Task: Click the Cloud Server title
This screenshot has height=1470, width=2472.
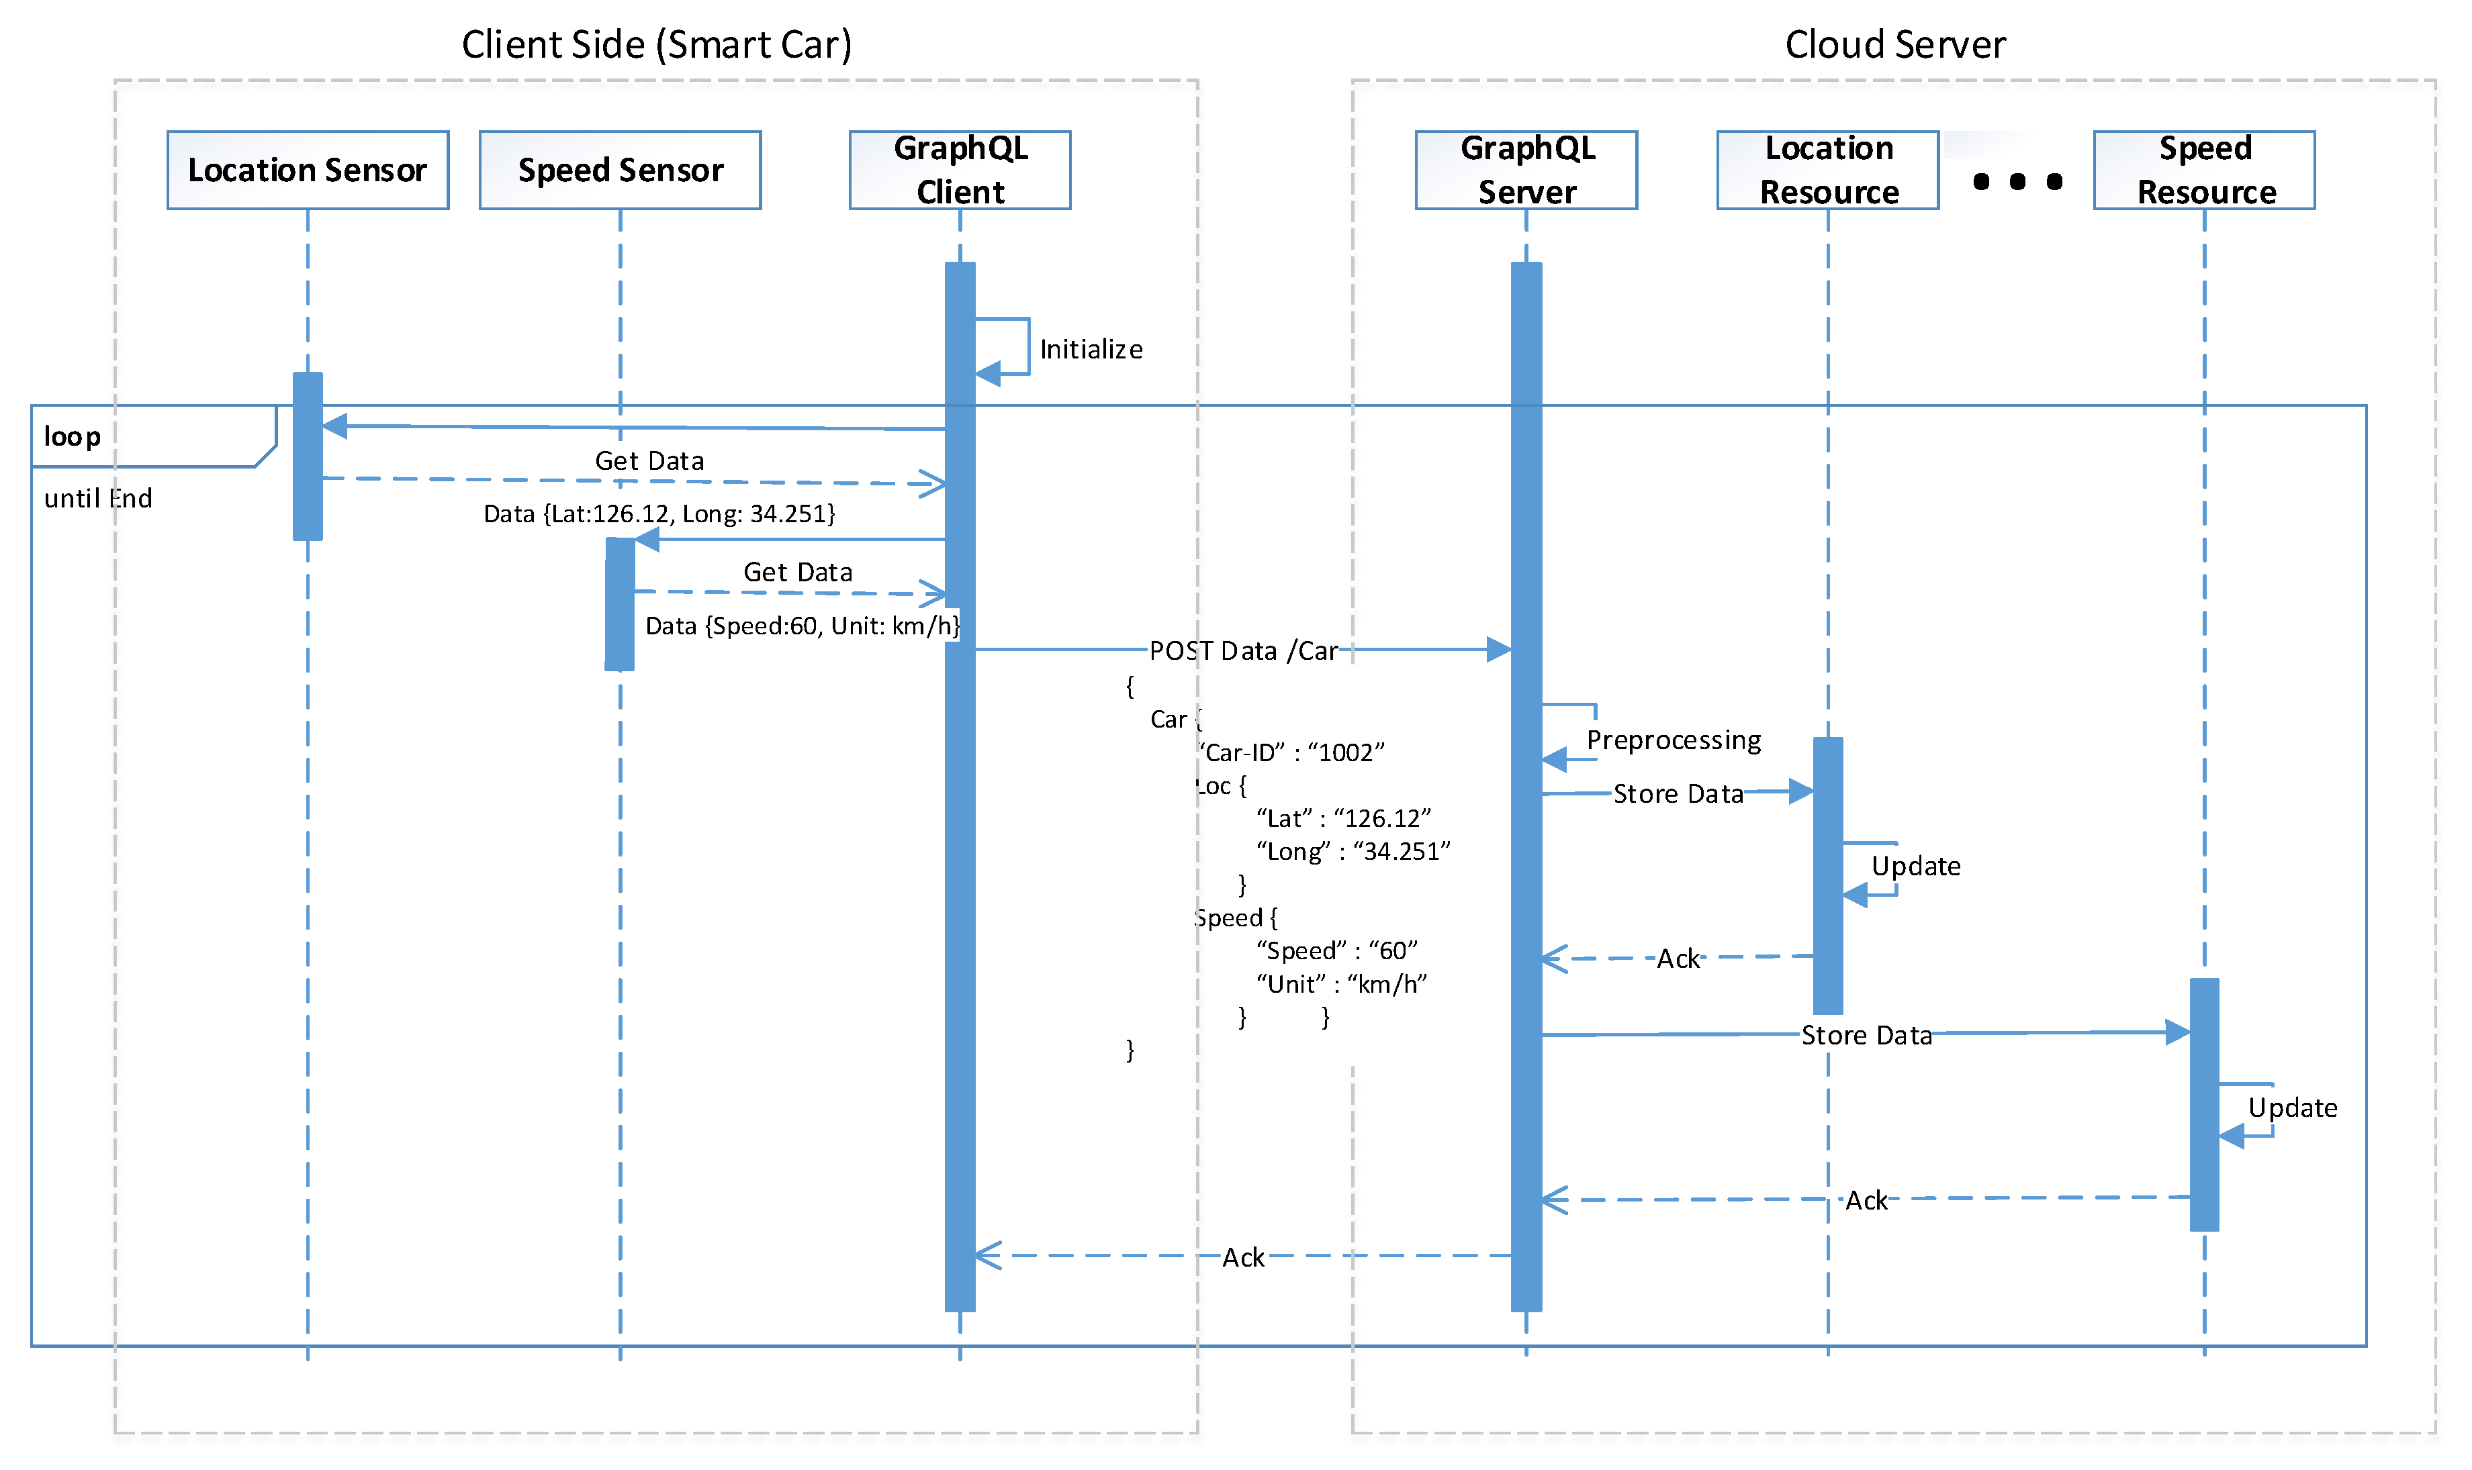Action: tap(1894, 44)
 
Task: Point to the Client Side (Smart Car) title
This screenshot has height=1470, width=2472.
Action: tap(656, 44)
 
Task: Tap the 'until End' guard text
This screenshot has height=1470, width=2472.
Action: tap(98, 498)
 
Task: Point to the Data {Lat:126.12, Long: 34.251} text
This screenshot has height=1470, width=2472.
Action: tap(659, 513)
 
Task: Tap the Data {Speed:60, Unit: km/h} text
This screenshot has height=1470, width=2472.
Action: tap(802, 626)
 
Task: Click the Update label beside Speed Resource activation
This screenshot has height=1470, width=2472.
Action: tap(2291, 1108)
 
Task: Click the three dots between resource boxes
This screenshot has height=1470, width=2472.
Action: tap(2017, 181)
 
